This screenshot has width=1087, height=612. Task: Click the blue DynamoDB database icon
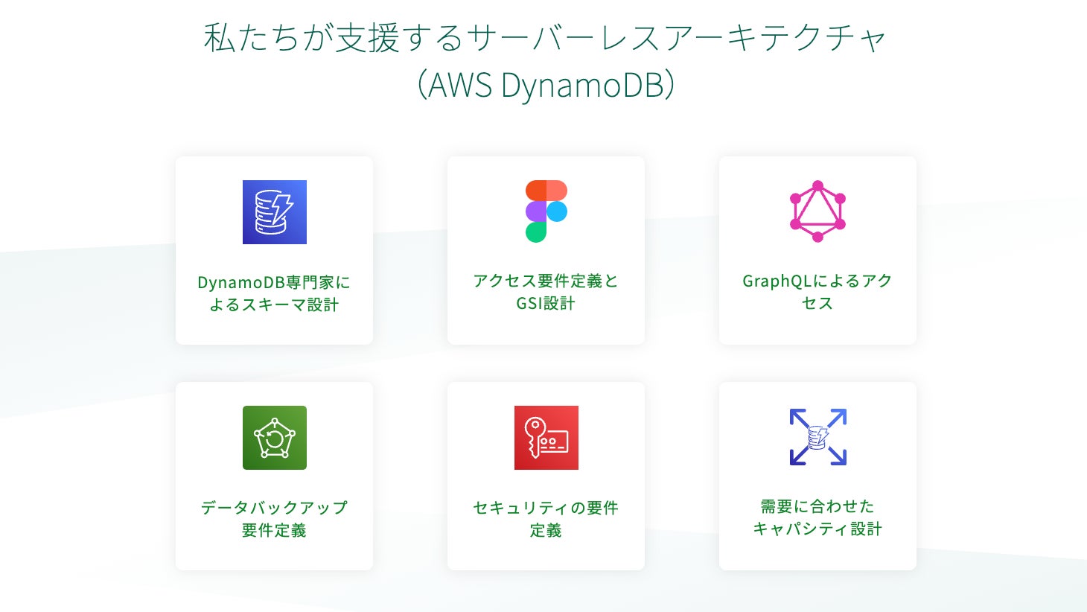coord(274,212)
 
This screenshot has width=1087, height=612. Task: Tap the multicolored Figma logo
coord(546,211)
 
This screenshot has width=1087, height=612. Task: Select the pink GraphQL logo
coord(817,211)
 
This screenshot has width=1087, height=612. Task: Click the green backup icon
coord(274,438)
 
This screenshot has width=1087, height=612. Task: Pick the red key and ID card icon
coord(546,438)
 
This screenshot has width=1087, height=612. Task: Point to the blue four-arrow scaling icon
coord(817,437)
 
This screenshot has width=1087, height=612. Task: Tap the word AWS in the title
coord(460,85)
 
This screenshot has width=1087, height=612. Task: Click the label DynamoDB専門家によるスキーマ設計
coord(274,293)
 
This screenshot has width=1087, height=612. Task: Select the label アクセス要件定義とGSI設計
coord(546,292)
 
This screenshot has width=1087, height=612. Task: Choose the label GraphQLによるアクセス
coord(817,292)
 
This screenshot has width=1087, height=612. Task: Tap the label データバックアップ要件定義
coord(274,519)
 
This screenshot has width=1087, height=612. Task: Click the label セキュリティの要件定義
coord(546,519)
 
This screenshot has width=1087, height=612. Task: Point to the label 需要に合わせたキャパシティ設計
coord(817,517)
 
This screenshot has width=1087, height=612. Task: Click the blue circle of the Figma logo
coord(557,211)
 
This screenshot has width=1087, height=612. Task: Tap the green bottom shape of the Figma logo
coord(535,232)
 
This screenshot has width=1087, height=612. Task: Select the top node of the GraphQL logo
coord(817,185)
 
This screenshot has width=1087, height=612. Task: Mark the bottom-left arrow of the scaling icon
coord(798,456)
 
